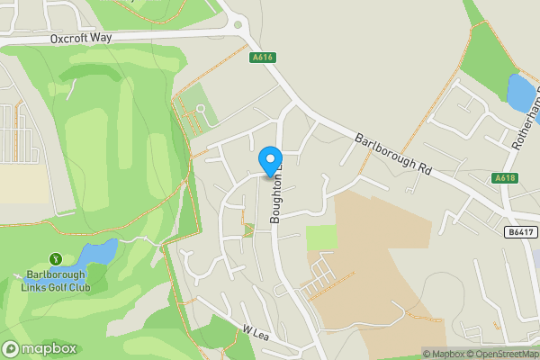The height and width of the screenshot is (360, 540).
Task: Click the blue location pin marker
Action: [x=271, y=161]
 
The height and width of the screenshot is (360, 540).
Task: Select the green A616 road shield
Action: [x=261, y=56]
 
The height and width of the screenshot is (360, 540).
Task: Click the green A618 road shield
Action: [x=506, y=179]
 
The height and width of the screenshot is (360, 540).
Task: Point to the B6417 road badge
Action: [x=519, y=232]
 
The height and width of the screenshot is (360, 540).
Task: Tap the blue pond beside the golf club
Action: [x=97, y=252]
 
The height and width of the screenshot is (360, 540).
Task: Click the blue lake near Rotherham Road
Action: [x=520, y=92]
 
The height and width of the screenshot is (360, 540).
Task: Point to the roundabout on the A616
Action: [x=238, y=25]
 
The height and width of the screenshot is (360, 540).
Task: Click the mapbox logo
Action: [x=39, y=348]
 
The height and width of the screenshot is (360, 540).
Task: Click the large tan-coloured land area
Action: [x=387, y=270]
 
